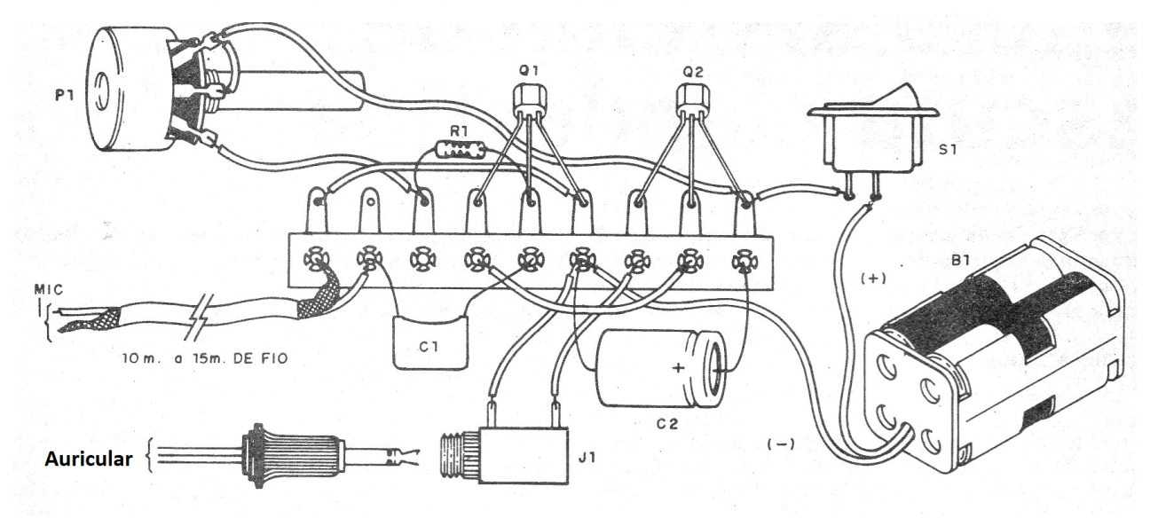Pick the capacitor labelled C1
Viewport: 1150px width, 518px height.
coord(430,342)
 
